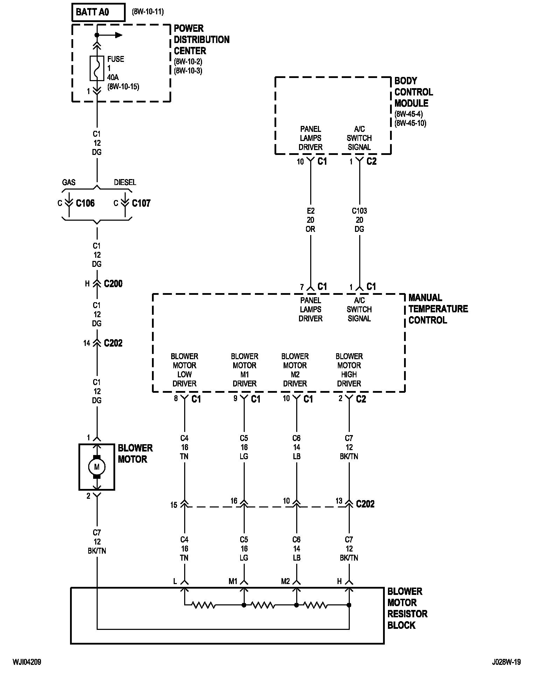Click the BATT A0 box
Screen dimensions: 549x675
(x=98, y=12)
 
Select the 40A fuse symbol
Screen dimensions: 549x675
(x=97, y=68)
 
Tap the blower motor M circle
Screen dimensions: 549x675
(x=97, y=467)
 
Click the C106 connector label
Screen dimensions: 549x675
(x=85, y=203)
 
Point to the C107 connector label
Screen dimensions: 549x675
(x=141, y=203)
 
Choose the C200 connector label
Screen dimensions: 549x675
(x=113, y=284)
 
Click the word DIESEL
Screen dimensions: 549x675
(x=125, y=182)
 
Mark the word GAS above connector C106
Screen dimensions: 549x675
(x=69, y=182)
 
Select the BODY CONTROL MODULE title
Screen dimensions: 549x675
(x=414, y=92)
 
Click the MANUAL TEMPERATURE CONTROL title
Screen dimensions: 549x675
(x=438, y=309)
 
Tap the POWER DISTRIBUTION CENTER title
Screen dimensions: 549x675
(x=202, y=40)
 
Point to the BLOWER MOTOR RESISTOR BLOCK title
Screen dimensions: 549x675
(x=408, y=608)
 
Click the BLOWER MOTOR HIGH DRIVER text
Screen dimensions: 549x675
(x=349, y=370)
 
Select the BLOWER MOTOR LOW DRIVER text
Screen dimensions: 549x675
(x=185, y=370)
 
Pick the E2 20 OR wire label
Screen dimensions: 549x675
(x=311, y=220)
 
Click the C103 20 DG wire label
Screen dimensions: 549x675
(x=359, y=220)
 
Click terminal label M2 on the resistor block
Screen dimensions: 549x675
(x=285, y=581)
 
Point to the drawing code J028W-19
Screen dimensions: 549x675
(x=506, y=662)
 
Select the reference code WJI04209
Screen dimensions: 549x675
(x=27, y=662)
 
